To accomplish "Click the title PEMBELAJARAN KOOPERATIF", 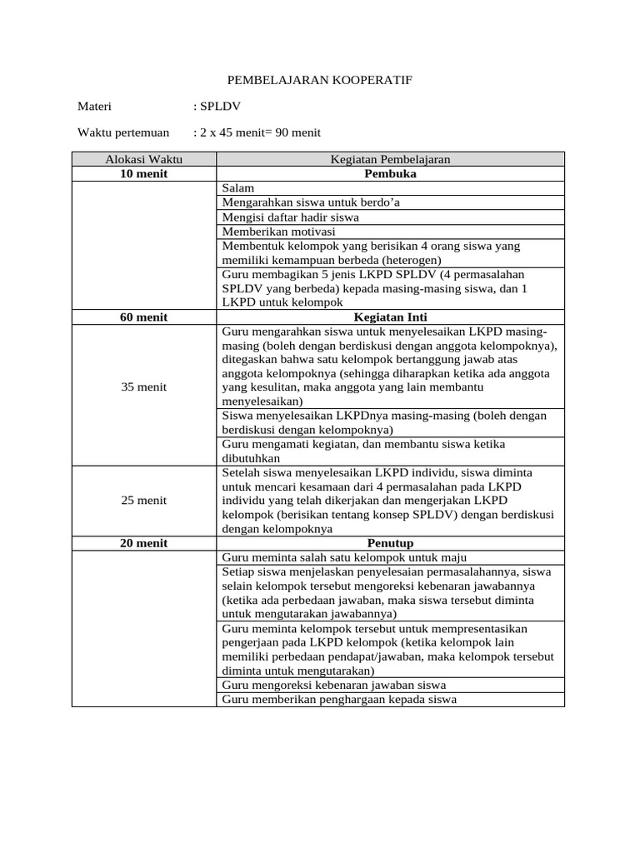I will pos(320,80).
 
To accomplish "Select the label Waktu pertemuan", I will pos(123,132).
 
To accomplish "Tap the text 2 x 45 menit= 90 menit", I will pos(257,132).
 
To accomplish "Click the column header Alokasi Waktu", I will pos(143,160).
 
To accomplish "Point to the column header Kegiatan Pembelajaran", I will pos(390,160).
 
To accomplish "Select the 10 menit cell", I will pos(143,174).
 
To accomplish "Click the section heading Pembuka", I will pos(390,174).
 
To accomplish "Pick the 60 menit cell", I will pos(143,317).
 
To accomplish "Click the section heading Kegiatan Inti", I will pos(390,317).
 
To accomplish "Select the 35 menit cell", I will pos(143,387).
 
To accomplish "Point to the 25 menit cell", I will pos(143,501).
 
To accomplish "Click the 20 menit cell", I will pos(143,543).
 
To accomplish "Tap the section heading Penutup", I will pos(390,543).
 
